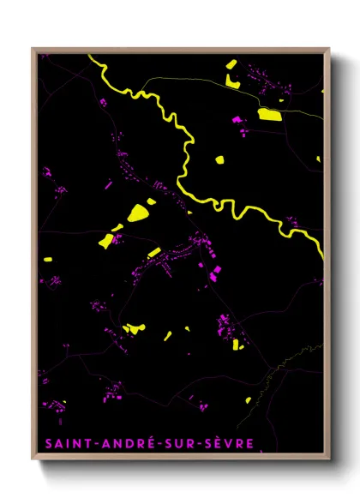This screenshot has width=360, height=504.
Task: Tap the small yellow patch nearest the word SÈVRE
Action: [x=248, y=399]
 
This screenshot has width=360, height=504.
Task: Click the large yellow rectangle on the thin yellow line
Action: [x=269, y=114]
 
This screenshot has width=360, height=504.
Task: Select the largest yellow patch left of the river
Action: [x=136, y=213]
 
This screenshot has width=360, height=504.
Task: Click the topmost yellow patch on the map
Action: [x=231, y=63]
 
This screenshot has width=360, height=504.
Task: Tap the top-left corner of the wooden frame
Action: [x=33, y=49]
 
